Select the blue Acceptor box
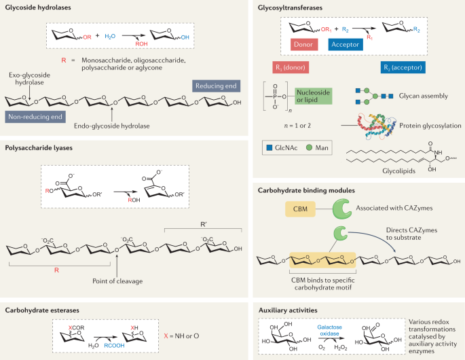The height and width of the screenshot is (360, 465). [344, 45]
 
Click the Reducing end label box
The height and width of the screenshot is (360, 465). [216, 86]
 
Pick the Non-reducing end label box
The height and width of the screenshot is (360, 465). [35, 116]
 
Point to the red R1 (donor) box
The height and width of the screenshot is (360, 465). [290, 69]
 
